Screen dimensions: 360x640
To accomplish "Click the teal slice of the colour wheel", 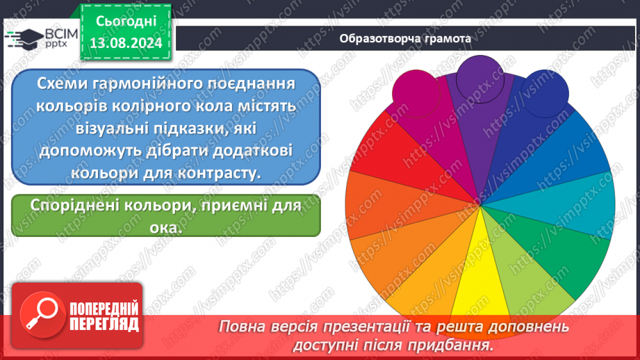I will [x=584, y=205].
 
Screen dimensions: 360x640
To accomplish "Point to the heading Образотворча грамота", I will [x=405, y=38].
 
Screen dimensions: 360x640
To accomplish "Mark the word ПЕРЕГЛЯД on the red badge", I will [x=103, y=324].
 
